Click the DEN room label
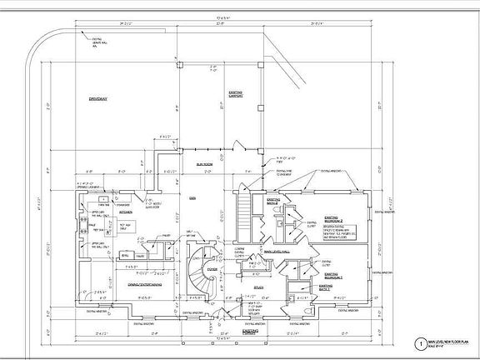(x=191, y=197)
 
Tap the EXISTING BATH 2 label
(x=272, y=202)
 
